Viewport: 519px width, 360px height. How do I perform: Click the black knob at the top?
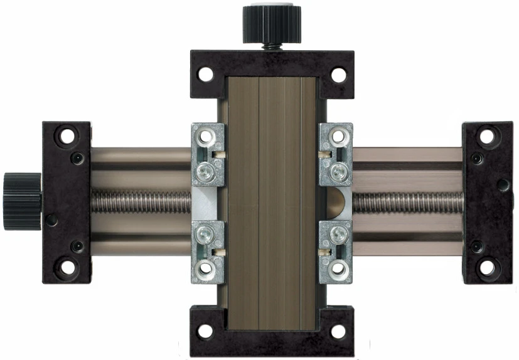263,23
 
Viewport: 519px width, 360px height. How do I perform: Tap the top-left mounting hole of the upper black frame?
205,75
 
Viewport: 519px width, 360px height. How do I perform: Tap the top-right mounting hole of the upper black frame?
338,75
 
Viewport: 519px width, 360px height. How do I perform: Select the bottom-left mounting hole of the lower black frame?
205,331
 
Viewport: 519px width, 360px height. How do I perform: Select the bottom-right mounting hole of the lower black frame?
338,331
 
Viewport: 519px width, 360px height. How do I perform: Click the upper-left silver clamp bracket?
207,154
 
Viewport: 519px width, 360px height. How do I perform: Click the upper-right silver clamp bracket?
335,154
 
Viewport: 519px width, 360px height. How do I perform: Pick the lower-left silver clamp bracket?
207,251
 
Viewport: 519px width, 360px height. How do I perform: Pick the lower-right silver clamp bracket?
335,251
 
